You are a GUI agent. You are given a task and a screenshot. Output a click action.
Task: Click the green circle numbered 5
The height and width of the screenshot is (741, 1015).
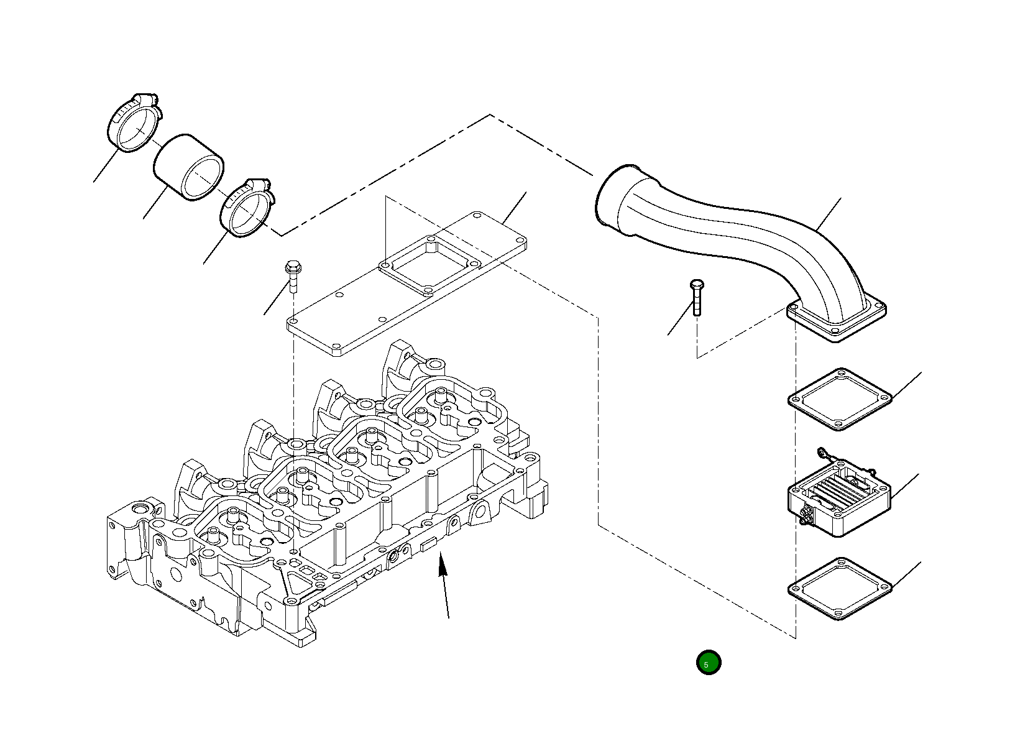coord(708,663)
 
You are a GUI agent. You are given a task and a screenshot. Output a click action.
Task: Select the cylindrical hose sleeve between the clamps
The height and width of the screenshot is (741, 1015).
coord(189,167)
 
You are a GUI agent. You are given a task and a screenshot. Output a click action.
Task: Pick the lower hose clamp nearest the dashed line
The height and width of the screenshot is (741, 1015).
coord(246,208)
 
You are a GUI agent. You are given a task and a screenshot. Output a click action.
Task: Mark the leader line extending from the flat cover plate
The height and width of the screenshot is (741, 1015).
coord(515,208)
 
